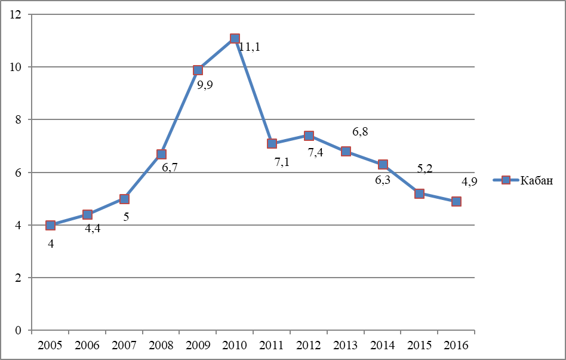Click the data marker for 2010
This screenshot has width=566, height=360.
click(x=235, y=38)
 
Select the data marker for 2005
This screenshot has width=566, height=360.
click(x=50, y=225)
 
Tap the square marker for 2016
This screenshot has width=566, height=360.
click(x=456, y=201)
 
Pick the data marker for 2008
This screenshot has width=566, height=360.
click(x=161, y=154)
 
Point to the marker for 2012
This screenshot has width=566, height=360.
click(x=309, y=136)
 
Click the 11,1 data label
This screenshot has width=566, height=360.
click(x=250, y=47)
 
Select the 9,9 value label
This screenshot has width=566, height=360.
click(x=205, y=85)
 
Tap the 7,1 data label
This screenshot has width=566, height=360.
click(x=282, y=162)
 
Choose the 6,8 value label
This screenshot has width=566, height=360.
click(x=360, y=132)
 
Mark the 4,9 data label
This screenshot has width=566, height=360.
click(x=469, y=181)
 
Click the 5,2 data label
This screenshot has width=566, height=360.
click(x=424, y=168)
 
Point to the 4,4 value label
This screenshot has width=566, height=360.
click(x=93, y=229)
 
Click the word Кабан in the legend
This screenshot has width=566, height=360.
click(x=536, y=180)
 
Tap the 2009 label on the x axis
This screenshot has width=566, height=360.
click(x=198, y=345)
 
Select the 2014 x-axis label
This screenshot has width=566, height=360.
click(x=383, y=345)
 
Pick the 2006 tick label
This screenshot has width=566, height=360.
click(x=87, y=345)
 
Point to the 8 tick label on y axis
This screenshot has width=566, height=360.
click(x=18, y=119)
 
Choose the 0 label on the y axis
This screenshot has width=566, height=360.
click(x=18, y=330)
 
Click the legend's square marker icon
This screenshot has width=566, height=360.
click(x=506, y=180)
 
